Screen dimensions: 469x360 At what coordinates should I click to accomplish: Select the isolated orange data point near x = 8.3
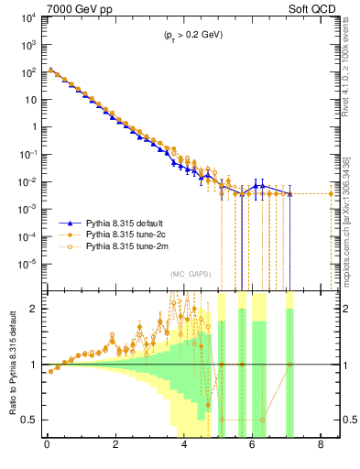(332, 193)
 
